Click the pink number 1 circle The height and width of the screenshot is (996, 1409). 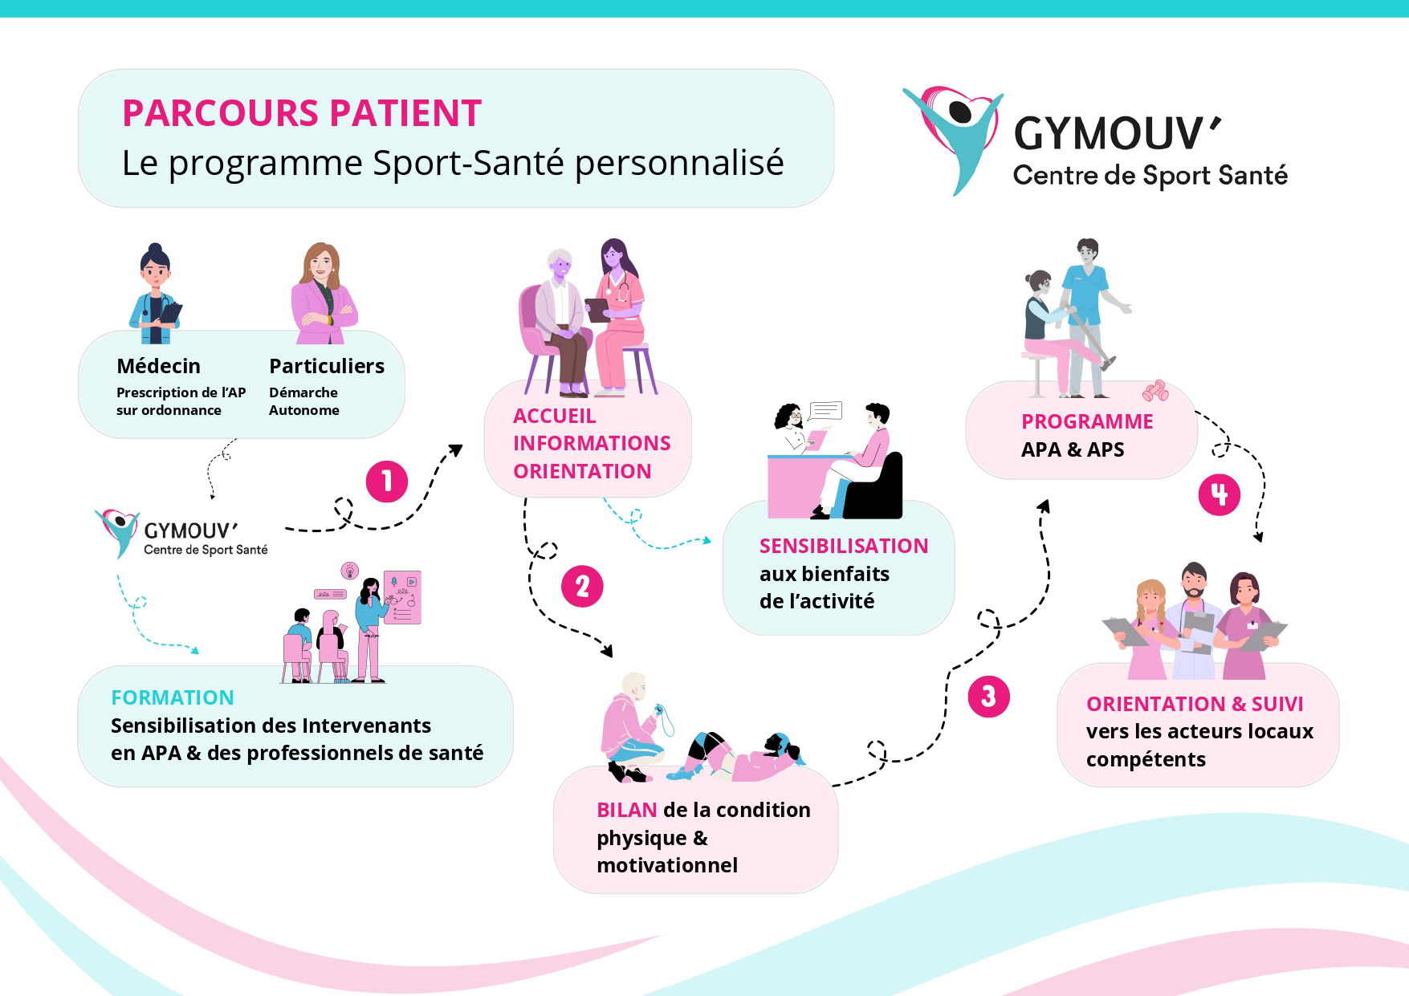coord(387,482)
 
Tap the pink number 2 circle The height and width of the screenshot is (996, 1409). coord(582,586)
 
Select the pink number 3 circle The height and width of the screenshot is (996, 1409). coord(988,696)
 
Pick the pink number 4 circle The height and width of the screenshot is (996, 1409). coord(1219,494)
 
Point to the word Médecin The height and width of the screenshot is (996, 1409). coord(158,366)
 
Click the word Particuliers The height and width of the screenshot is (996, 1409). coord(326,366)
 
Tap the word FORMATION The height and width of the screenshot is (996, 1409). coord(173,697)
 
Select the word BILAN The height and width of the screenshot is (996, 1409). coord(626,810)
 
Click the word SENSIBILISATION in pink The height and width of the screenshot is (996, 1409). coord(843,546)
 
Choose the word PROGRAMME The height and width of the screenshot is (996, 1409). coord(1087,421)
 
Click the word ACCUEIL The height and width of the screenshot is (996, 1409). coord(554,416)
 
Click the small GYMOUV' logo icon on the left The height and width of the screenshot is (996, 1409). coord(117,530)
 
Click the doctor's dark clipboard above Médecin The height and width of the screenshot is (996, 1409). coord(171,313)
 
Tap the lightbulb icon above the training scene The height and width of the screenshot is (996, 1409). coord(349,570)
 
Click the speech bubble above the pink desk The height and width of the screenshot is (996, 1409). coord(825,412)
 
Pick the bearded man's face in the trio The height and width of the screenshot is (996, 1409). coord(1194,583)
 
